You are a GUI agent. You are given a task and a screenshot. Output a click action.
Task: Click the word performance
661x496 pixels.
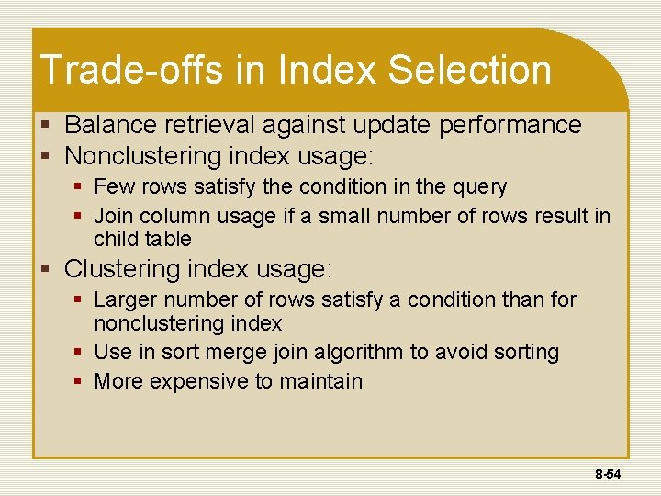pyautogui.click(x=510, y=125)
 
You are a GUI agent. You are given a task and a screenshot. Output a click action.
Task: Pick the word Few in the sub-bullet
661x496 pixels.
pyautogui.click(x=113, y=187)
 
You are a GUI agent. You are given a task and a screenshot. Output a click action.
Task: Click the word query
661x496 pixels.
pyautogui.click(x=478, y=187)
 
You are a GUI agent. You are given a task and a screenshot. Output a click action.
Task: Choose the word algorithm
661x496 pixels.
pyautogui.click(x=365, y=353)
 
